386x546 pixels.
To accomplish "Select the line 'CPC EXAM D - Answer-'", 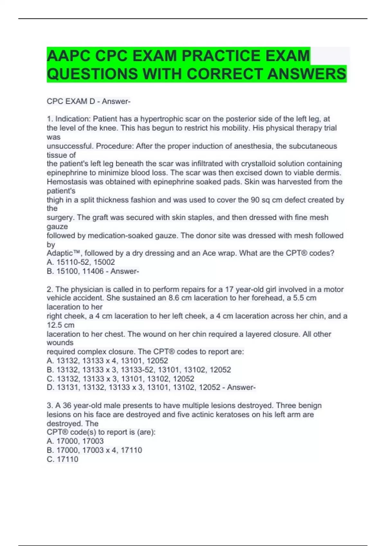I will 88,101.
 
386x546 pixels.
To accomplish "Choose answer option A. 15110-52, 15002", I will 81,262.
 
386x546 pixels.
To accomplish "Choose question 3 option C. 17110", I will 63,459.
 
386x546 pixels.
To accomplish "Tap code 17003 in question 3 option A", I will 93,441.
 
